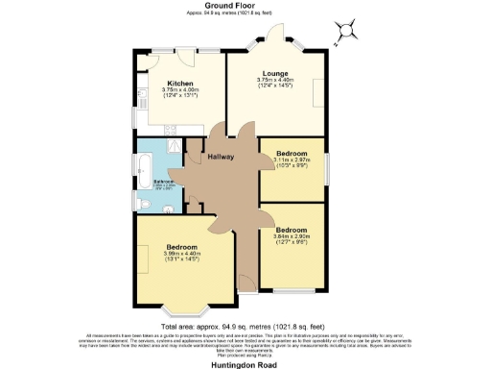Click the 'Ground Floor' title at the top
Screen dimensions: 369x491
[x=245, y=5]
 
